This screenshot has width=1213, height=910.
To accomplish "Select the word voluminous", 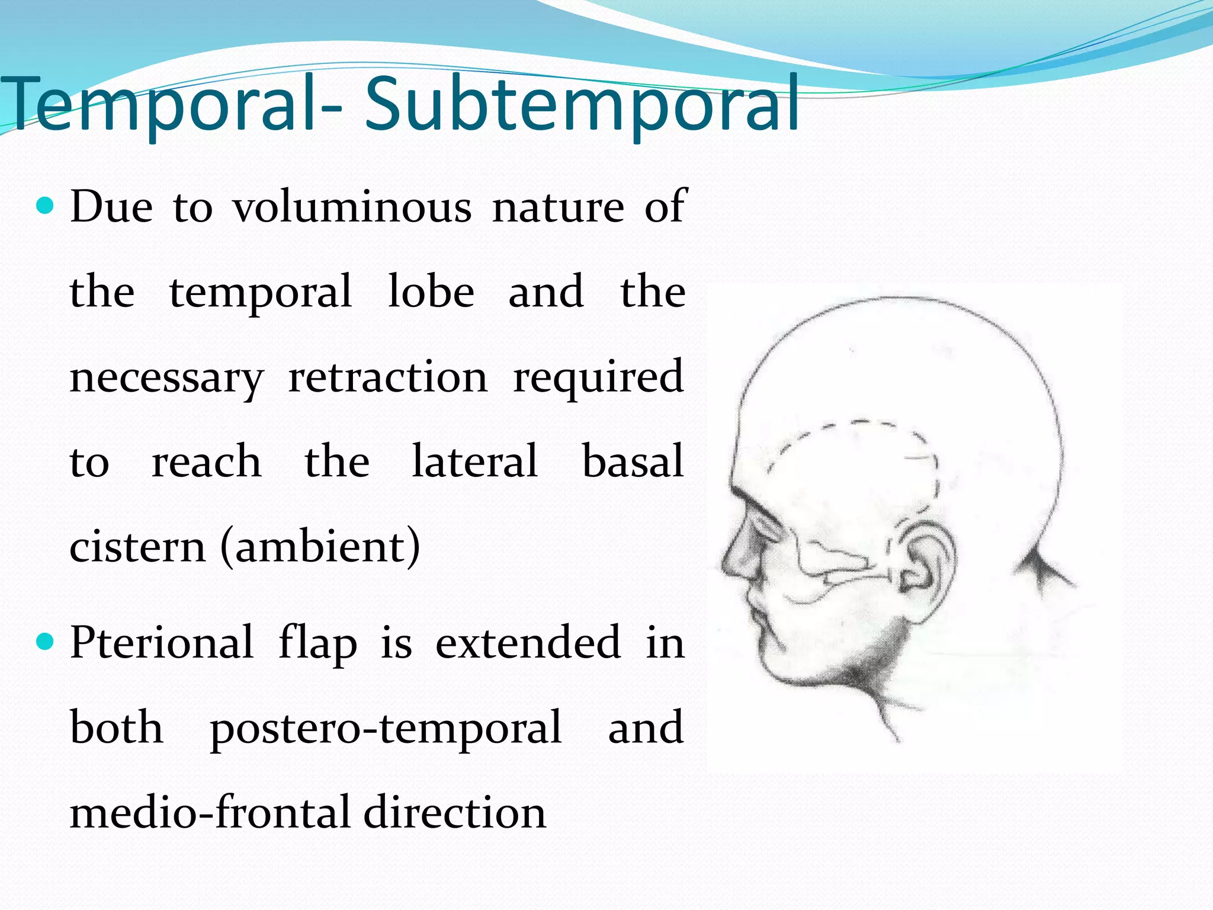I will tap(352, 207).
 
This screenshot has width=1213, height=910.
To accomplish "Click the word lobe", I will tap(431, 292).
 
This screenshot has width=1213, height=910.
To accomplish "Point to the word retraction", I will tap(388, 377).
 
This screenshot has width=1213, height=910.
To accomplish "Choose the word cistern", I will tap(137, 547).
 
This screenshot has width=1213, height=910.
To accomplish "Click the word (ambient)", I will tap(320, 547).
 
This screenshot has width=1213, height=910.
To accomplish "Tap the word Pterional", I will tap(162, 643).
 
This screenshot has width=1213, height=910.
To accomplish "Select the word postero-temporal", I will tap(386, 728).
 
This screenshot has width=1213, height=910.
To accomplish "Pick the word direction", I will tap(454, 813).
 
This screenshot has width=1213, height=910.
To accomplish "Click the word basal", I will tap(633, 462).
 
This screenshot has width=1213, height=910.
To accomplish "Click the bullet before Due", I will tap(45, 207).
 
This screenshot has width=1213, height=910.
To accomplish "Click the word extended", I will tap(528, 643).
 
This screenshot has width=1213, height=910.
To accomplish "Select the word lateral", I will tap(475, 462).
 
